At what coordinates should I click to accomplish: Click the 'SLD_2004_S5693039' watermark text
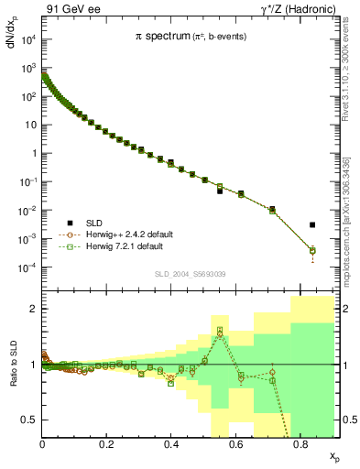189,274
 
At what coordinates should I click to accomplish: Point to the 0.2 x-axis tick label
107,444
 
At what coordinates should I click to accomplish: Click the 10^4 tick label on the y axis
27,39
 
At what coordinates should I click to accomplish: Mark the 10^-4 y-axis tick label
27,267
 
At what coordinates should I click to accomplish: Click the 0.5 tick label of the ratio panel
29,419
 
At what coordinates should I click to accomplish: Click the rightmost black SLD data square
312,224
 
